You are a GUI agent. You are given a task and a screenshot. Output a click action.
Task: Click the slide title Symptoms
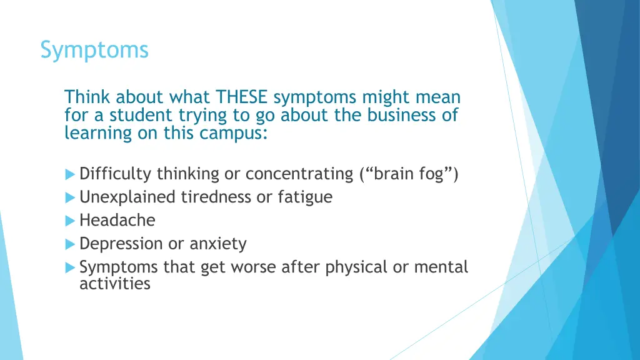coord(94,49)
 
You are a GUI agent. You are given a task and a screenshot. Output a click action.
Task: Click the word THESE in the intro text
coord(242,97)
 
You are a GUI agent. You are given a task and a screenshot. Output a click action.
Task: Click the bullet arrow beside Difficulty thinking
coord(71,174)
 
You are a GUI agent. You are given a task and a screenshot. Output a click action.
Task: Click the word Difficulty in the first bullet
coord(116,174)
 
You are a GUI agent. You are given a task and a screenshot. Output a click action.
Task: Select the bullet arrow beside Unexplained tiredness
coord(71,197)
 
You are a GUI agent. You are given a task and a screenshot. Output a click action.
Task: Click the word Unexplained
coord(128,197)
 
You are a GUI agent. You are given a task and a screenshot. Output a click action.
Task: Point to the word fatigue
coord(305,197)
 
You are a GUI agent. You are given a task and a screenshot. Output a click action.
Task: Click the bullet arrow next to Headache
coord(71,221)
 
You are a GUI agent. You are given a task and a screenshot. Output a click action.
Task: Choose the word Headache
coord(117,221)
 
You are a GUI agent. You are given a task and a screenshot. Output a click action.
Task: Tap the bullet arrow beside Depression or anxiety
coord(71,244)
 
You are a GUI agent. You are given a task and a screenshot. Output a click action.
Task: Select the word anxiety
coord(218,244)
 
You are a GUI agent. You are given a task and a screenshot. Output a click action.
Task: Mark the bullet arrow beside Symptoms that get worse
coord(71,267)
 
